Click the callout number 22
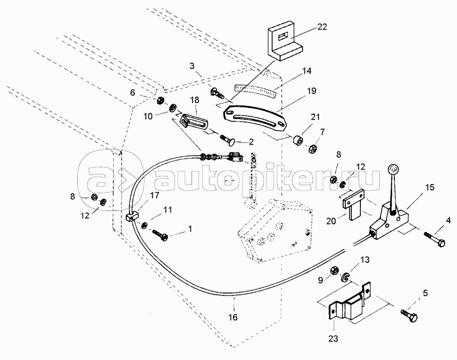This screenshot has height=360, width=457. (322, 27)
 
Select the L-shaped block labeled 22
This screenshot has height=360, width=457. (285, 41)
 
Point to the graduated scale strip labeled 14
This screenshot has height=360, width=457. (255, 90)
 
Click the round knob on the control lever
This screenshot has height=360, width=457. (393, 169)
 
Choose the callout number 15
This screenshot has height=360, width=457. (430, 187)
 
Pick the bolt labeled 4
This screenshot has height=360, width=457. (434, 239)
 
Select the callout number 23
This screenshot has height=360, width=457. (333, 338)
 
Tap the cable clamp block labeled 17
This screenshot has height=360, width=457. (132, 217)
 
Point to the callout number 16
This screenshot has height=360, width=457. (233, 317)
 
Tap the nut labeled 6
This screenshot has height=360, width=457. (160, 101)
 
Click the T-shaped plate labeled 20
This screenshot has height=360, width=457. (353, 204)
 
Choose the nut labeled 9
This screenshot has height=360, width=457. (334, 271)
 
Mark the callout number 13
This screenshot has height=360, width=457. (364, 260)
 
